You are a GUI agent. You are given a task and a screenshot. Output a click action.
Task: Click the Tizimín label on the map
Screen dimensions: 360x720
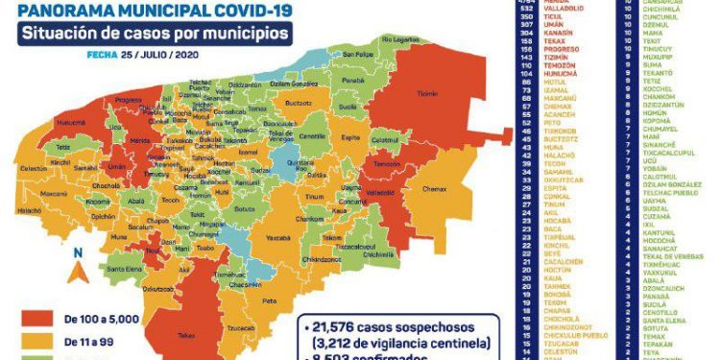(x=427, y=94)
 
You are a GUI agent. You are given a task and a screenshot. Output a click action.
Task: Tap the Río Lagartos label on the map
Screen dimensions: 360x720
(x=400, y=39)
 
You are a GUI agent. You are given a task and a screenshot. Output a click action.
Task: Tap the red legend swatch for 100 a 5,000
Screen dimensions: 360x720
(x=35, y=318)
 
